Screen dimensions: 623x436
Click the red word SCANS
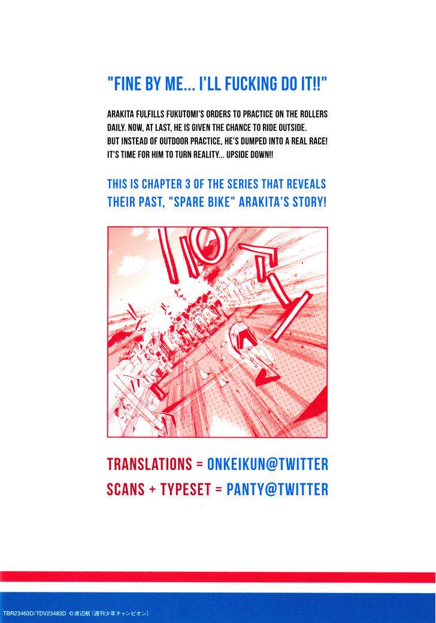[x=125, y=489]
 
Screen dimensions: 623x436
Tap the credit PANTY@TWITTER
[x=277, y=489]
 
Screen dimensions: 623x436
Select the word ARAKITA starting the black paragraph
[x=123, y=114]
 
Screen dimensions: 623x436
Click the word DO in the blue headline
[x=284, y=85]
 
